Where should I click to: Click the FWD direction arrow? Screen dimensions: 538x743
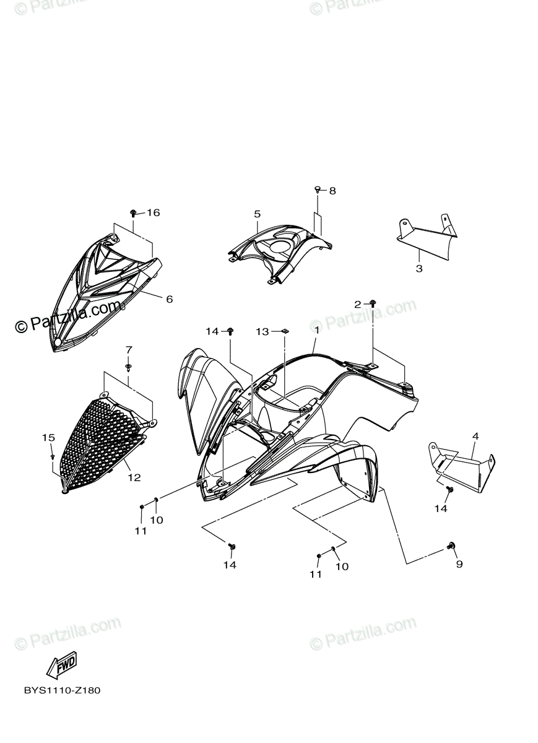tap(61, 667)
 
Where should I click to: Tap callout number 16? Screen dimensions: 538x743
tap(153, 212)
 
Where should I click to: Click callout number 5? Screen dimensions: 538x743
tap(257, 214)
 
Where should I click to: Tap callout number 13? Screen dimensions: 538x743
tap(262, 332)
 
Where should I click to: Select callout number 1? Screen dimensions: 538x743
tap(316, 330)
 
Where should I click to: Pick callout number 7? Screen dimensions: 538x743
tap(129, 350)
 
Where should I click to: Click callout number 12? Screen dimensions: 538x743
tap(134, 477)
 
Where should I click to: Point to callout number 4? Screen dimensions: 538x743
tap(475, 437)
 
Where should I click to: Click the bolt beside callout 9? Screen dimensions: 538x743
tap(450, 545)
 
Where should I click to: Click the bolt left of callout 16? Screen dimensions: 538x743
tap(134, 213)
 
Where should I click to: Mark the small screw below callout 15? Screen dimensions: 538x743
tap(53, 456)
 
